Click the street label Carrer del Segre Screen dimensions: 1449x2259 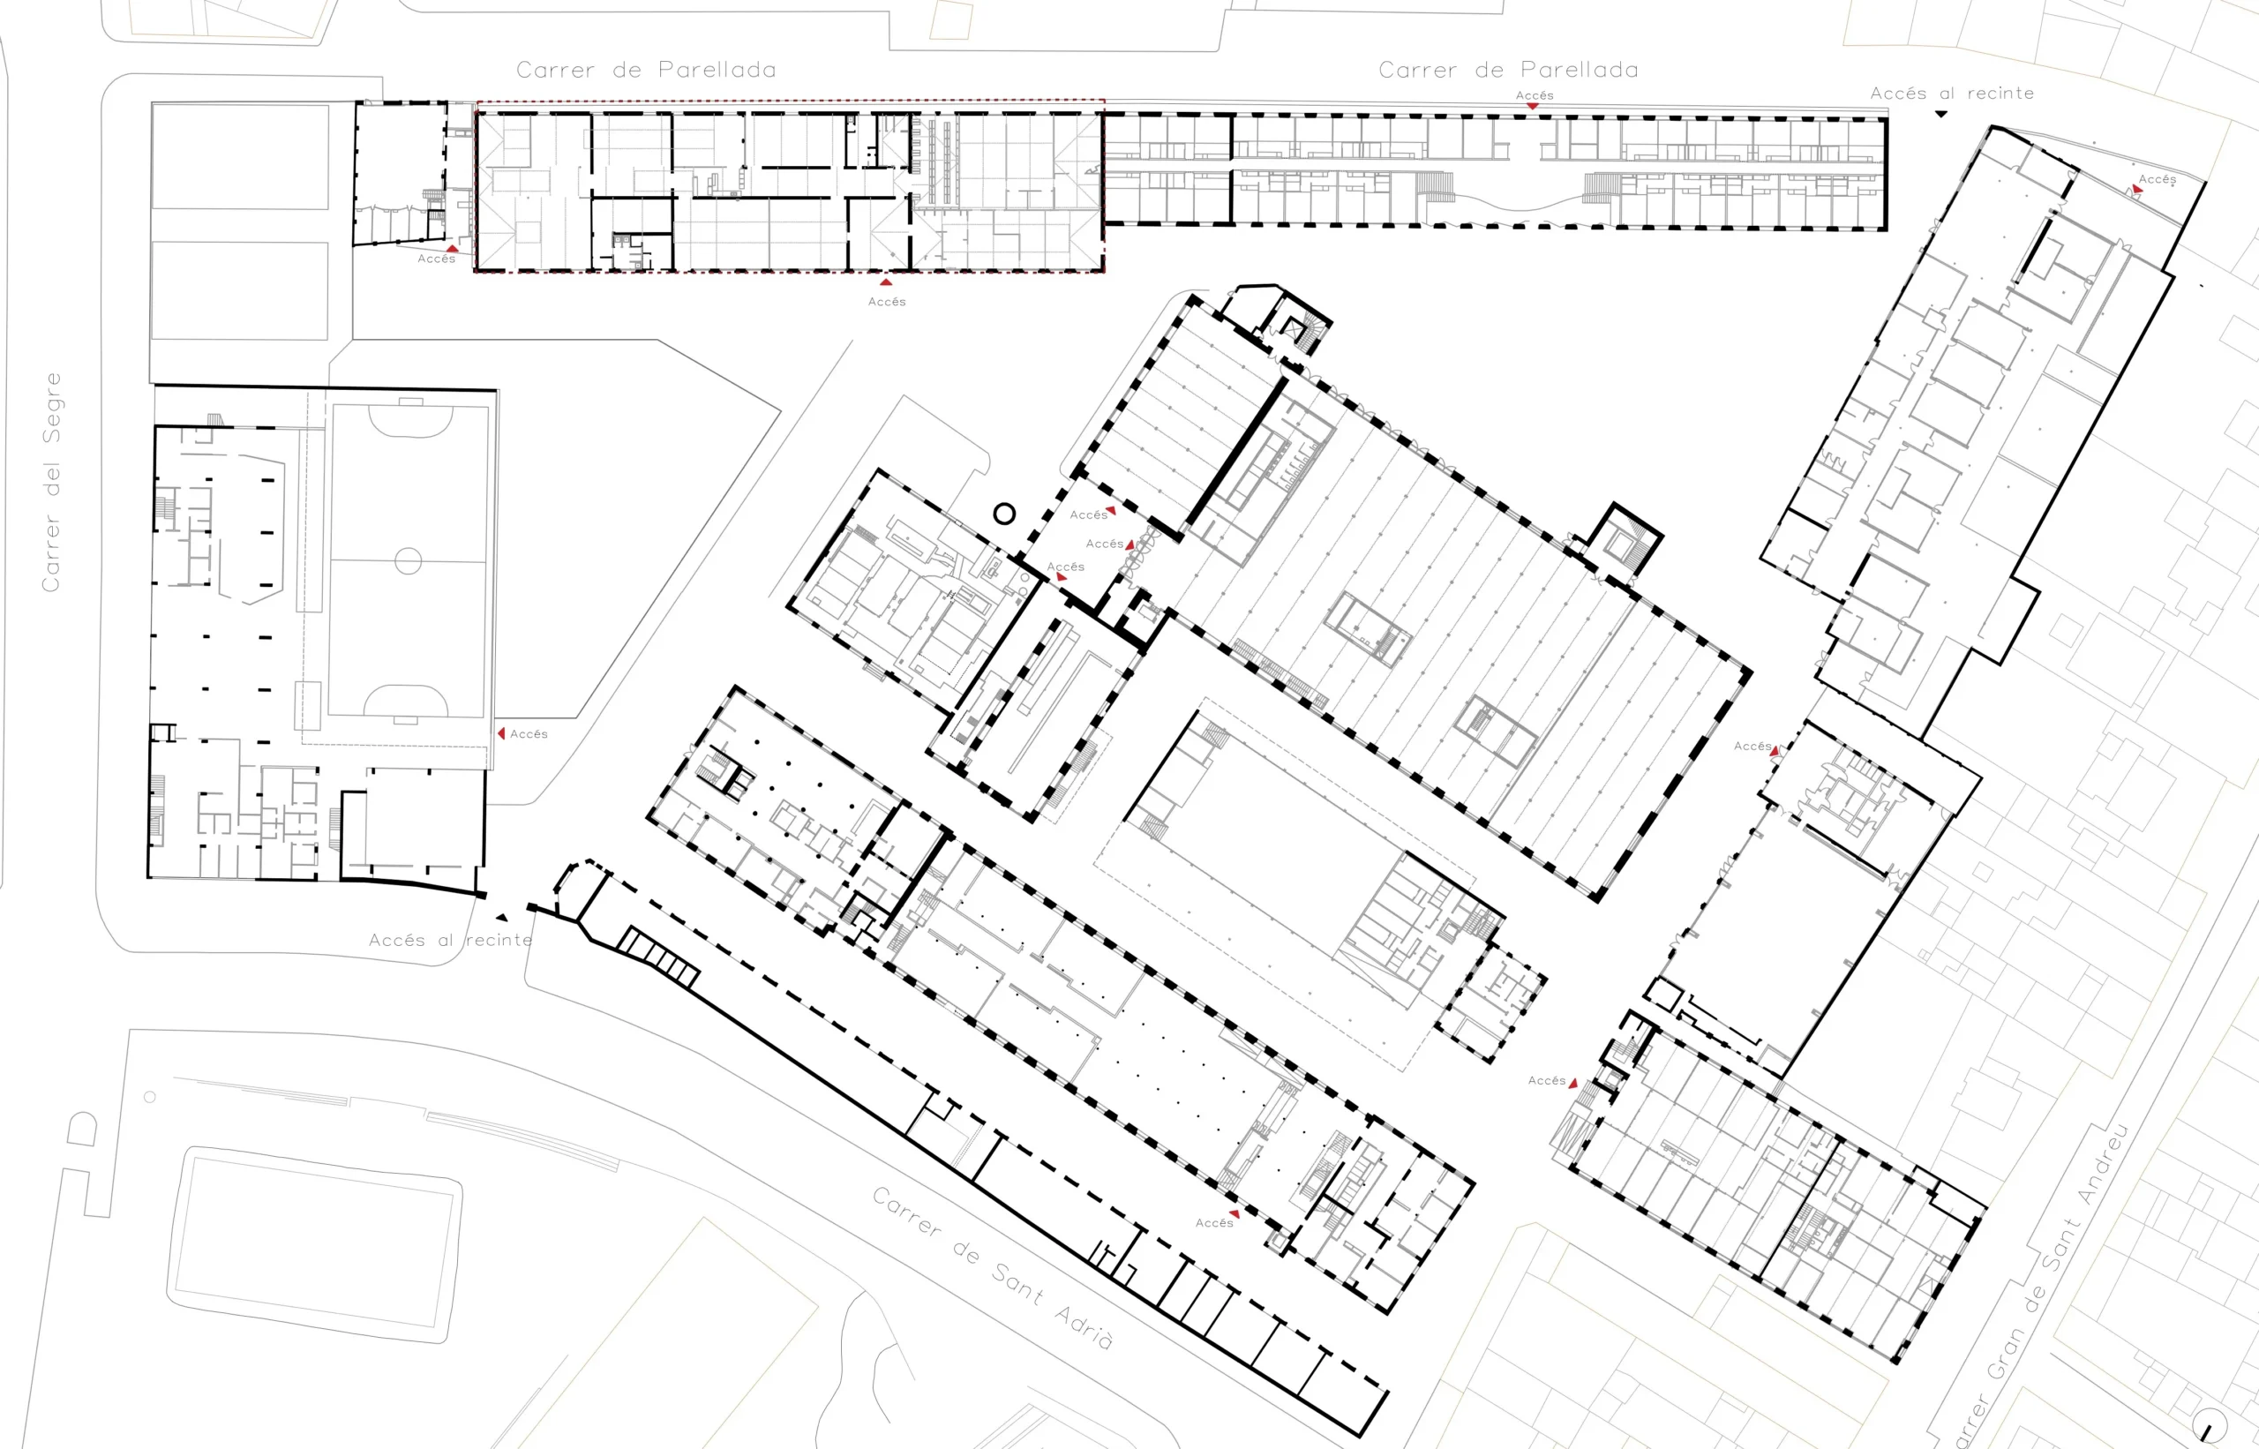coord(52,482)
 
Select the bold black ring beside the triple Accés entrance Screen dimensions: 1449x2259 coord(1004,514)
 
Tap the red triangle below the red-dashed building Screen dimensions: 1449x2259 coord(885,282)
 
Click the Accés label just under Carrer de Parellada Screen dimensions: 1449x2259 coord(1535,95)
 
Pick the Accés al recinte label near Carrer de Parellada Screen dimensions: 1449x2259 coord(1951,94)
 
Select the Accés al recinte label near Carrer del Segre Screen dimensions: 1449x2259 coord(450,940)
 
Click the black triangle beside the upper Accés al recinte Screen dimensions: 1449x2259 coord(1941,114)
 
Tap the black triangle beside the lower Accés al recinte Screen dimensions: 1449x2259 coord(502,918)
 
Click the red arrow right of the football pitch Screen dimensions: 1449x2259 coord(501,733)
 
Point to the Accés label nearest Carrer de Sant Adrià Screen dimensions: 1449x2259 coord(1213,1222)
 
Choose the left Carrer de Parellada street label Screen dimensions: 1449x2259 coord(646,70)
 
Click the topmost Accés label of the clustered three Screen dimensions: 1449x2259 coord(1089,514)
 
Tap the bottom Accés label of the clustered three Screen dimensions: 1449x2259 coord(1066,567)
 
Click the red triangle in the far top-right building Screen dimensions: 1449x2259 coord(2137,190)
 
